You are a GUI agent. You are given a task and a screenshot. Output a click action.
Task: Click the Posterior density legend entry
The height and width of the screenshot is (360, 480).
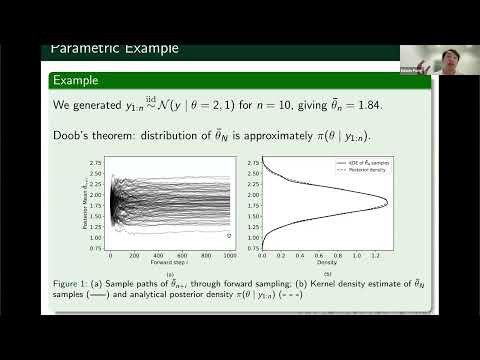click(x=349, y=171)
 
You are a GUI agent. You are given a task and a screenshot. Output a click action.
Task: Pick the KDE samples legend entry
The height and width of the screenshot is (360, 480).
click(x=347, y=163)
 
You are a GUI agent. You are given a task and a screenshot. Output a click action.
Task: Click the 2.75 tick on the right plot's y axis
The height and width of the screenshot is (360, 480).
click(x=252, y=159)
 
